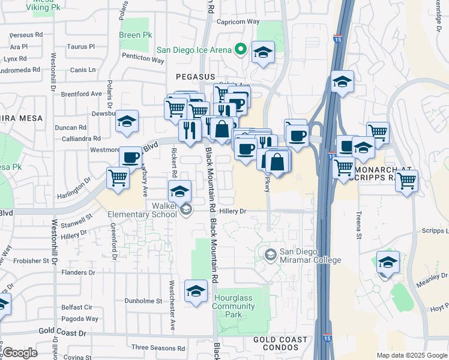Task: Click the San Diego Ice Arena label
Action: pyautogui.click(x=194, y=50)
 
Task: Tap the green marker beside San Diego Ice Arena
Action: pyautogui.click(x=241, y=50)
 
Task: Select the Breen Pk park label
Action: pyautogui.click(x=136, y=35)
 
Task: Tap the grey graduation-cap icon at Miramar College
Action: pyautogui.click(x=271, y=255)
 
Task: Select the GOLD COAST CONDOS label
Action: pyautogui.click(x=281, y=344)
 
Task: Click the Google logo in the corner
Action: pyautogui.click(x=20, y=353)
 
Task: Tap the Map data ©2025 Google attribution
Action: pyautogui.click(x=412, y=355)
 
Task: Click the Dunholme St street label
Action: pyautogui.click(x=143, y=301)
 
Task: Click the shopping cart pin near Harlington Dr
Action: pyautogui.click(x=118, y=178)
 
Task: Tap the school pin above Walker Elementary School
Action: pyautogui.click(x=179, y=192)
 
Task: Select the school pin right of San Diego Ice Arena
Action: pyautogui.click(x=263, y=53)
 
